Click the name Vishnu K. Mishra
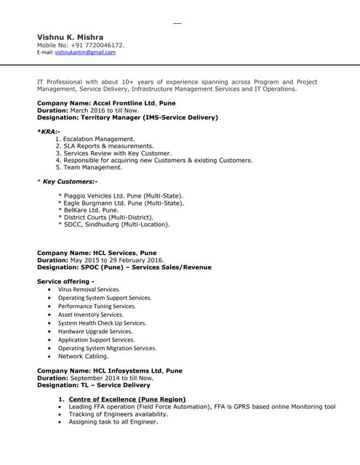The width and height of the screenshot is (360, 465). [x=70, y=37]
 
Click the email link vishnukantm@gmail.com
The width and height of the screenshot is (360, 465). [x=85, y=52]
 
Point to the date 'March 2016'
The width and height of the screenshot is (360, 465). [x=87, y=110]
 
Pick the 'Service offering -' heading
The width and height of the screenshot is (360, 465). [x=65, y=281]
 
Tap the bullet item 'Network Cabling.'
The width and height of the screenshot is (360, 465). [x=83, y=356]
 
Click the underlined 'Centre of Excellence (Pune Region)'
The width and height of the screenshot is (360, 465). [x=127, y=400]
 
